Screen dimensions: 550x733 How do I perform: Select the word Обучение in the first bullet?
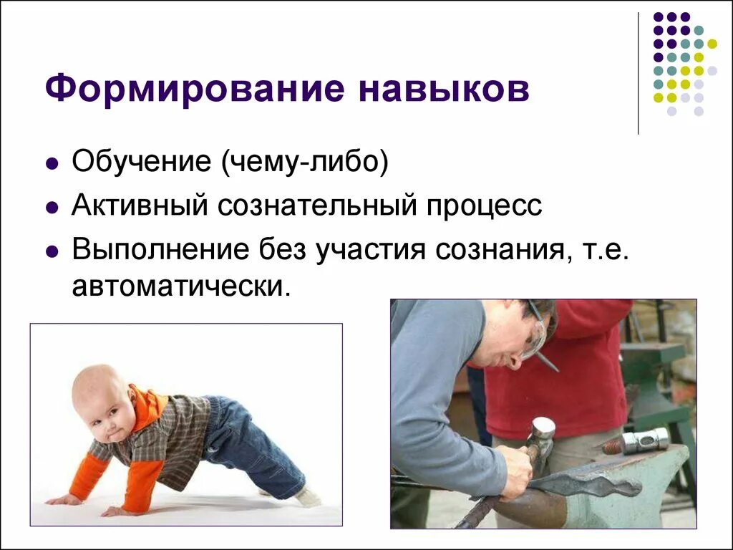pos(140,162)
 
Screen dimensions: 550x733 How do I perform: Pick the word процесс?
pos(485,206)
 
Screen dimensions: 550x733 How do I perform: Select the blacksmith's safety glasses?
pos(534,334)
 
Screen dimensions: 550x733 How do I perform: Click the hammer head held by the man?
pos(542,429)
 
